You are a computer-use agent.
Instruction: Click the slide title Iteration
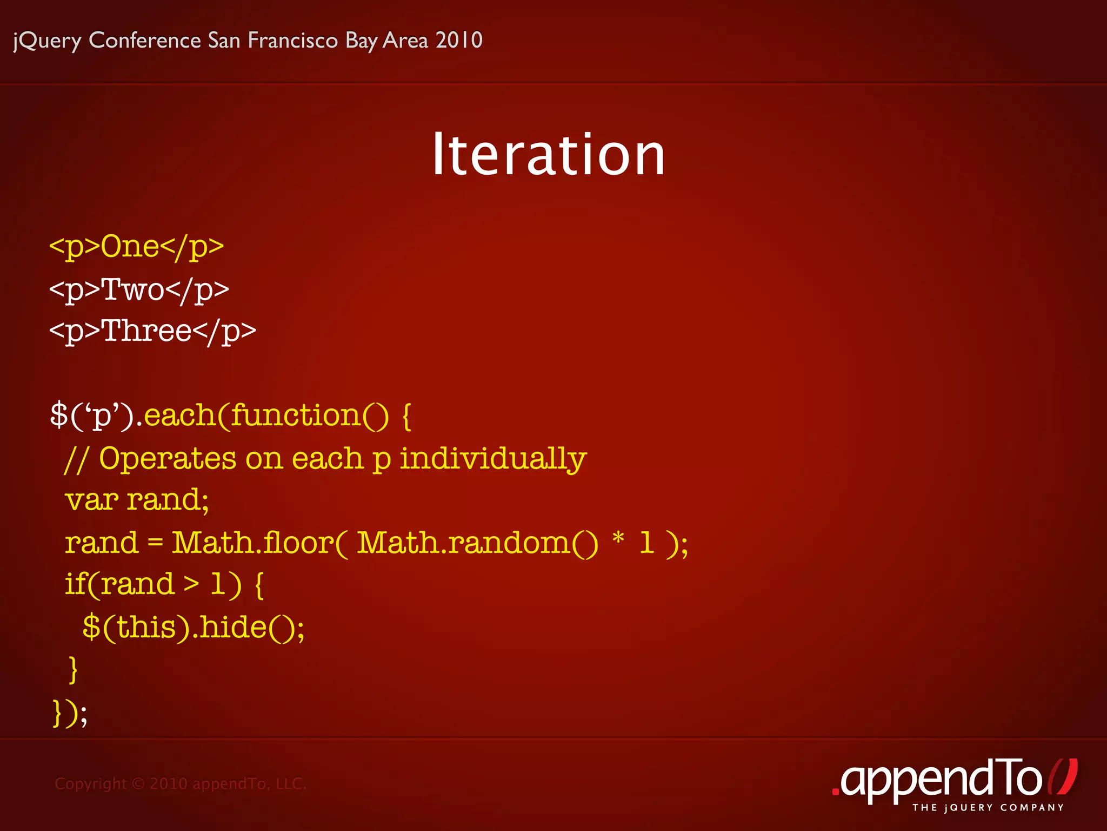tap(548, 155)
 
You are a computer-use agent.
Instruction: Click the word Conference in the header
tap(145, 41)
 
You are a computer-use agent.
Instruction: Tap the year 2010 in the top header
tap(459, 41)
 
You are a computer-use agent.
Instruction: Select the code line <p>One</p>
tap(136, 247)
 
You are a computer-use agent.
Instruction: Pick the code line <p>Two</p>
tap(139, 289)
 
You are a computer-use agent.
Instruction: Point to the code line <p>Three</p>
tap(152, 331)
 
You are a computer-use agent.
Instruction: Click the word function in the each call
tap(296, 415)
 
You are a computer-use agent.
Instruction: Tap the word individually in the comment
tap(493, 459)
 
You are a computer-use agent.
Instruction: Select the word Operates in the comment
tap(168, 459)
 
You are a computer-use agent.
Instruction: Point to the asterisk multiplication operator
tap(618, 539)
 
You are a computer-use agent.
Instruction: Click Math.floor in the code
tap(253, 542)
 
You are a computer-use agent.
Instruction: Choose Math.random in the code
tap(464, 542)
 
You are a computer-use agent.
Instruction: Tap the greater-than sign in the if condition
tap(191, 584)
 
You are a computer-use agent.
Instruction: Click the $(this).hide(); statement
tap(194, 628)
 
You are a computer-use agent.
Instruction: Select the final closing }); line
tap(70, 713)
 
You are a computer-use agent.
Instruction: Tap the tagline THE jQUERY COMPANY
tap(988, 808)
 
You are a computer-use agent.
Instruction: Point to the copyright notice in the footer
tap(181, 783)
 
